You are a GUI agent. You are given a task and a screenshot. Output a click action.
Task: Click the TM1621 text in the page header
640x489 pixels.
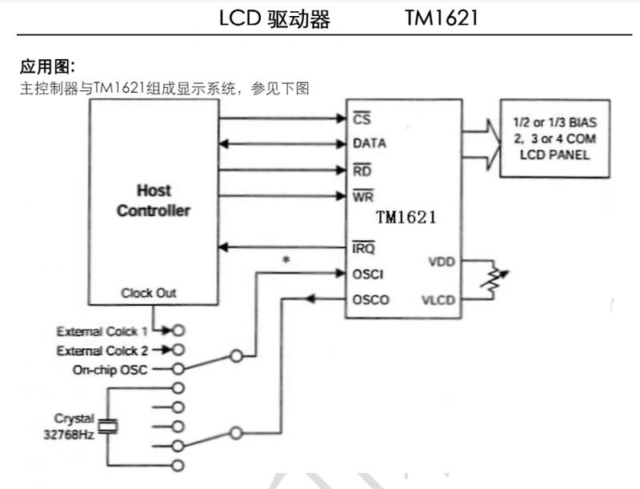[441, 18]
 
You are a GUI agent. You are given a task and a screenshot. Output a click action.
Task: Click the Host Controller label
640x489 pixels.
[154, 201]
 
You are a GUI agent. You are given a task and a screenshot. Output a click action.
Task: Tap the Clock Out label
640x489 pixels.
[149, 293]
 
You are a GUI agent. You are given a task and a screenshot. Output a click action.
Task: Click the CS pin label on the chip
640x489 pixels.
[361, 119]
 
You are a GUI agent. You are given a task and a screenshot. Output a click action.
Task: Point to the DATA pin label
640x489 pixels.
[369, 144]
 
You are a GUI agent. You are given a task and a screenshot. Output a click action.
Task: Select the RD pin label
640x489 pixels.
[362, 170]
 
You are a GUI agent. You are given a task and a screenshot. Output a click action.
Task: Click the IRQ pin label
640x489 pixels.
[364, 248]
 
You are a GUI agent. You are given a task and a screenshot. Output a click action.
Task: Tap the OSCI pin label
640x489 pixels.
[368, 274]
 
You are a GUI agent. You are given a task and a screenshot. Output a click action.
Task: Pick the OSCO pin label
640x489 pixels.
[370, 300]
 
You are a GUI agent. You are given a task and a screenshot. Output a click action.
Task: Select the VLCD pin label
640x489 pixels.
[439, 300]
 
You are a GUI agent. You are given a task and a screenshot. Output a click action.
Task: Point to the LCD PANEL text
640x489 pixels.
[554, 154]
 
